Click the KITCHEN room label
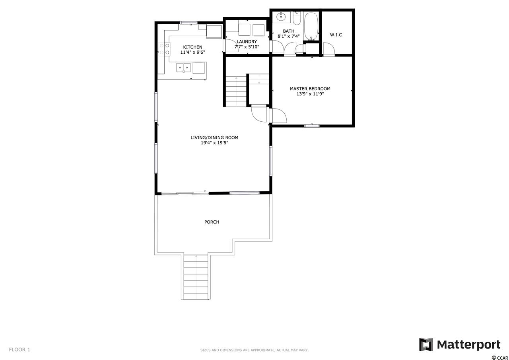pos(192,47)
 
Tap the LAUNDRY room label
pos(247,42)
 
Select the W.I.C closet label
pos(336,35)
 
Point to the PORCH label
pos(212,222)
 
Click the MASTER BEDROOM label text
pos(310,89)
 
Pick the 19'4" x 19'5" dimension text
pos(214,143)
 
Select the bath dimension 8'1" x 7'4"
pos(289,36)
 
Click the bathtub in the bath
pos(311,26)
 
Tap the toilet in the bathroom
pos(297,19)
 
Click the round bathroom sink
pos(281,16)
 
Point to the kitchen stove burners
pos(164,49)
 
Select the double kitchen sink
pos(183,68)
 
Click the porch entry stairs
pos(196,277)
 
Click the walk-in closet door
pos(329,48)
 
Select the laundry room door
pos(230,46)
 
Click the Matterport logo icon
pos(426,344)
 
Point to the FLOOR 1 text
pos(19,349)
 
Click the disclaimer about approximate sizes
pos(254,350)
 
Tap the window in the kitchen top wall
pos(189,23)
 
